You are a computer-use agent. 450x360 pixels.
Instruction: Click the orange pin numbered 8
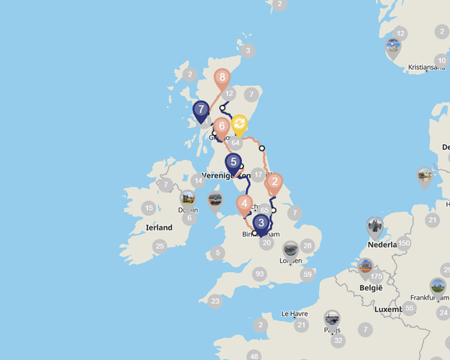222,77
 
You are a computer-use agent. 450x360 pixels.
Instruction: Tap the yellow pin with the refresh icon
240,123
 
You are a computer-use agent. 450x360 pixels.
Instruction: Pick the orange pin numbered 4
246,204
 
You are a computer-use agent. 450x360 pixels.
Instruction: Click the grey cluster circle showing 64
235,143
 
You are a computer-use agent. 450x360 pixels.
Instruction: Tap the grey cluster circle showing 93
260,274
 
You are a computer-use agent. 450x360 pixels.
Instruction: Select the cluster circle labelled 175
377,276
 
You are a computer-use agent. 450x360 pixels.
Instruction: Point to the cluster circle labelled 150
405,243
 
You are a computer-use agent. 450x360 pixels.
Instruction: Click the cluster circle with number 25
160,246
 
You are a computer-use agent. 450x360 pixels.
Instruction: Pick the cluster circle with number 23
215,302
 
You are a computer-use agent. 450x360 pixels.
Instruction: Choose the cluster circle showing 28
307,246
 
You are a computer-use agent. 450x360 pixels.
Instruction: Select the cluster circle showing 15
148,209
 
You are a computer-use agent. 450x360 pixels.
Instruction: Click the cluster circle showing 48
253,356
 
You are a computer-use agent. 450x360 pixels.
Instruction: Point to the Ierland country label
159,228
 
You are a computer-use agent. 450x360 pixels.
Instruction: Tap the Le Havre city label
294,314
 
